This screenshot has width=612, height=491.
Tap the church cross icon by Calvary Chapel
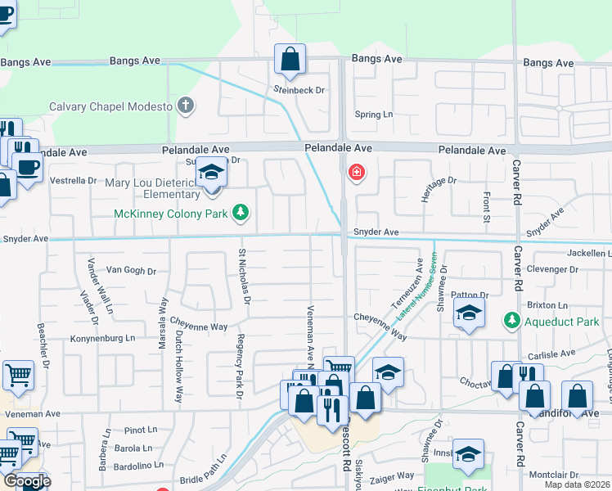(187, 106)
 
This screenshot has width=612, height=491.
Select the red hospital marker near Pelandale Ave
(356, 173)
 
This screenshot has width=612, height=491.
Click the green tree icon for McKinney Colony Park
(241, 214)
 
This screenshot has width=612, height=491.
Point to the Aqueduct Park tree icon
(512, 318)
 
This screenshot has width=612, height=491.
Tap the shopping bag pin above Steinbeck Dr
(290, 60)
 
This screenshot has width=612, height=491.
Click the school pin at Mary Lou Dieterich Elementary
(211, 174)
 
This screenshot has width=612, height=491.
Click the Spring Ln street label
(374, 115)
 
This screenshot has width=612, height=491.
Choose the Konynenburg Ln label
(102, 337)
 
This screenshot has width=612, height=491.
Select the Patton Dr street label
(469, 295)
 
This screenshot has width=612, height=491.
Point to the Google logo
(26, 481)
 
